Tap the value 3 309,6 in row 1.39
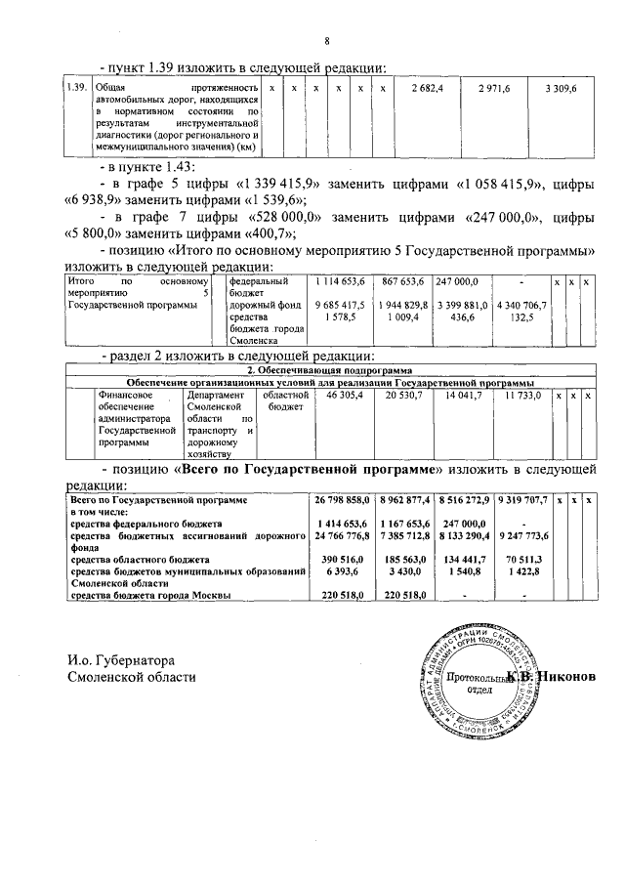coord(561,89)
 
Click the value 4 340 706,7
coord(521,305)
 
